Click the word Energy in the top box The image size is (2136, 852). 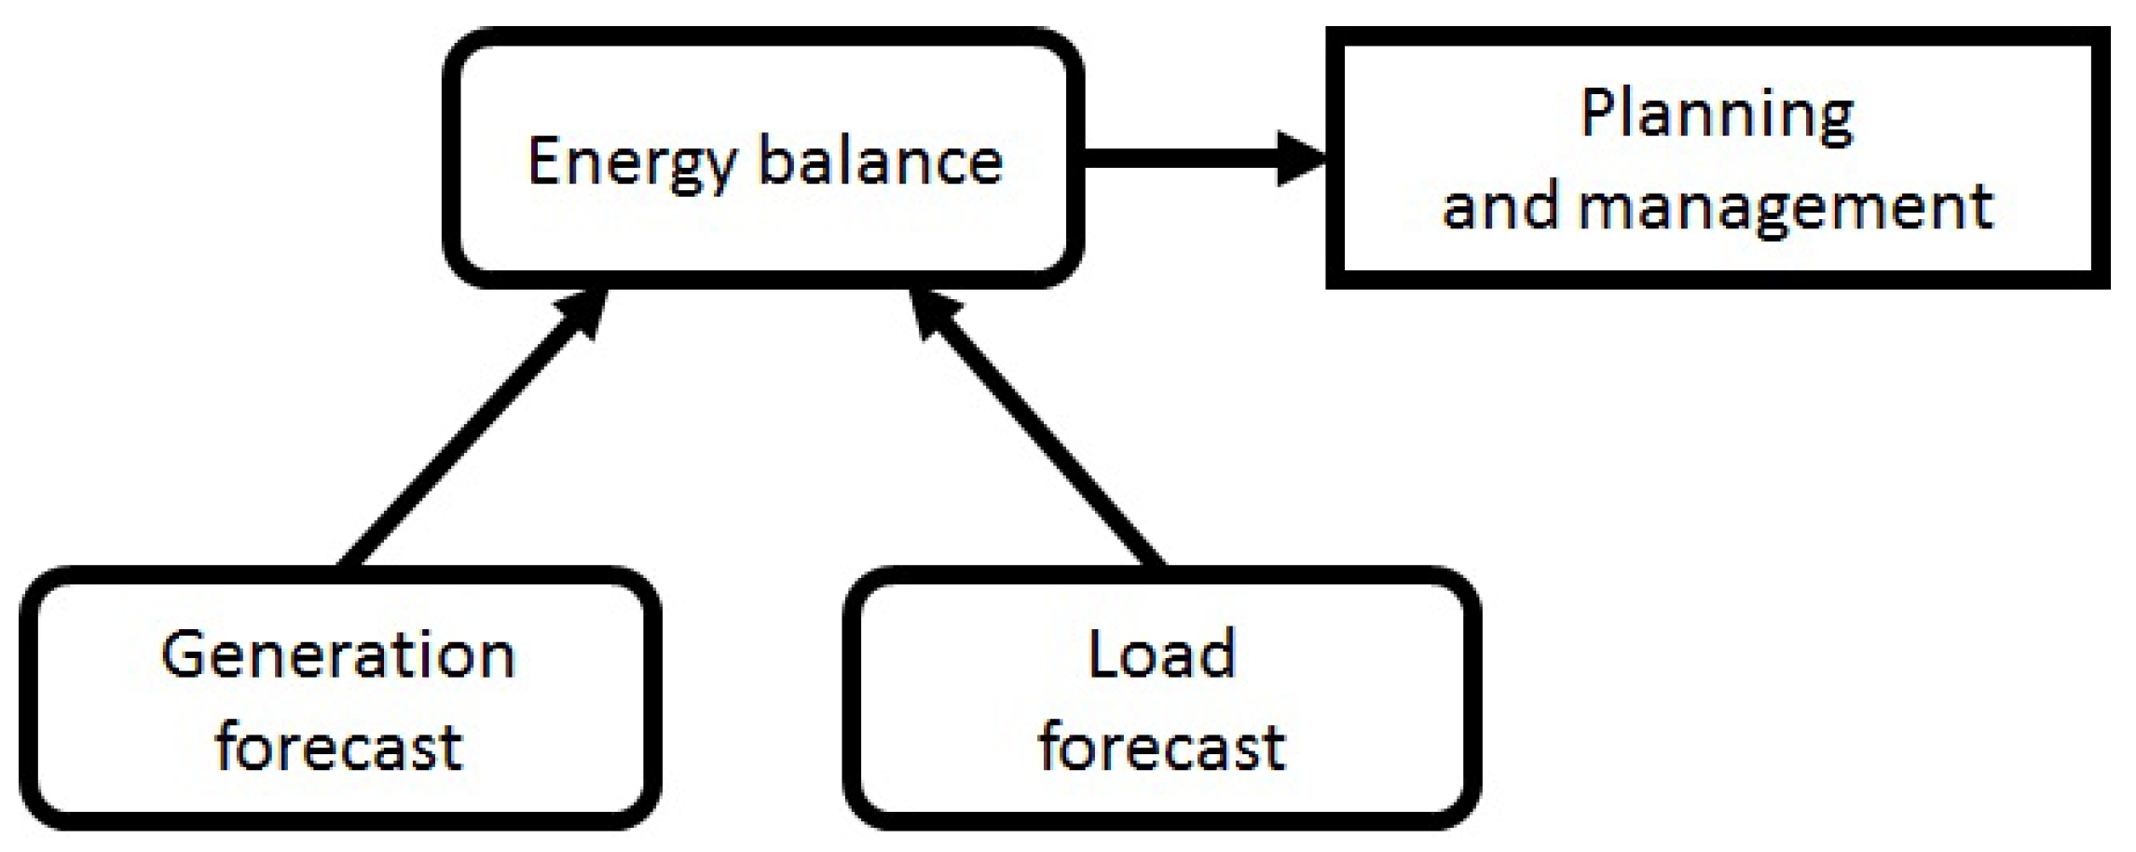[x=634, y=163]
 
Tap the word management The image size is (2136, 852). [x=1786, y=207]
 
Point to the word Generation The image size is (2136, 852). [x=338, y=654]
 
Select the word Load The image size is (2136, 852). [x=1161, y=654]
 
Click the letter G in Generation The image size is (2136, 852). [x=184, y=654]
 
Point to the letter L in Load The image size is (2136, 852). [x=1102, y=654]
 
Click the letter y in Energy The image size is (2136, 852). [x=718, y=170]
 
